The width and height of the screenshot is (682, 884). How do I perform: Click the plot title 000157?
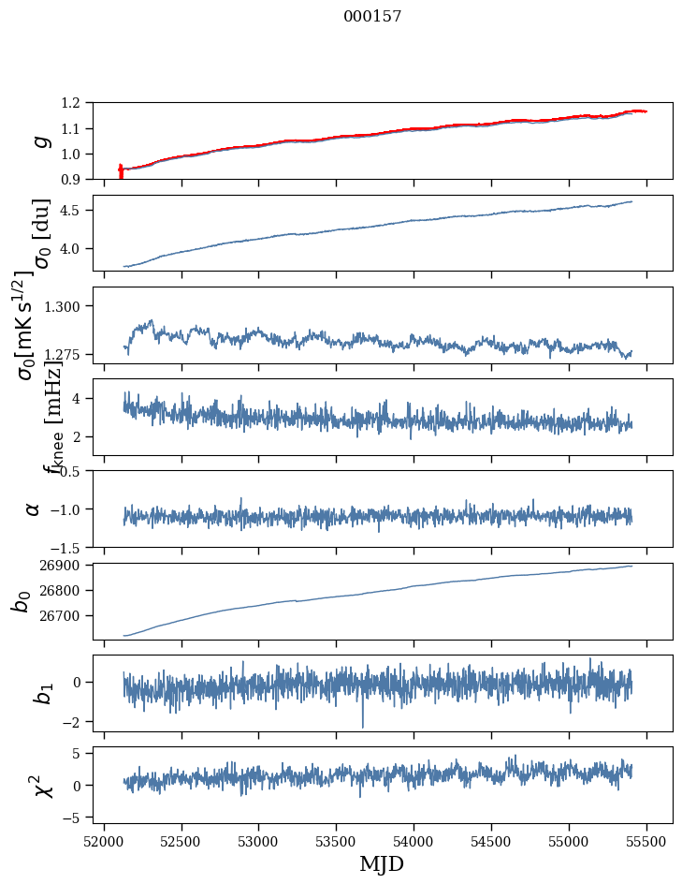[x=372, y=17]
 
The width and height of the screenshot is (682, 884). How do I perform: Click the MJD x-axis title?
[x=382, y=864]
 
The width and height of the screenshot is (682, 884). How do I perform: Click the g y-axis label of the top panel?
[x=39, y=140]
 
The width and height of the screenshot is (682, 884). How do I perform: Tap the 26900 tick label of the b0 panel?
[x=63, y=566]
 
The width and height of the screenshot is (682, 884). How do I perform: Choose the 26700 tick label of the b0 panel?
[x=63, y=616]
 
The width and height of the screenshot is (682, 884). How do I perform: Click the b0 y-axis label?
[x=21, y=600]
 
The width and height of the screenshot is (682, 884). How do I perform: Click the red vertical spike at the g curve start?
[x=121, y=171]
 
